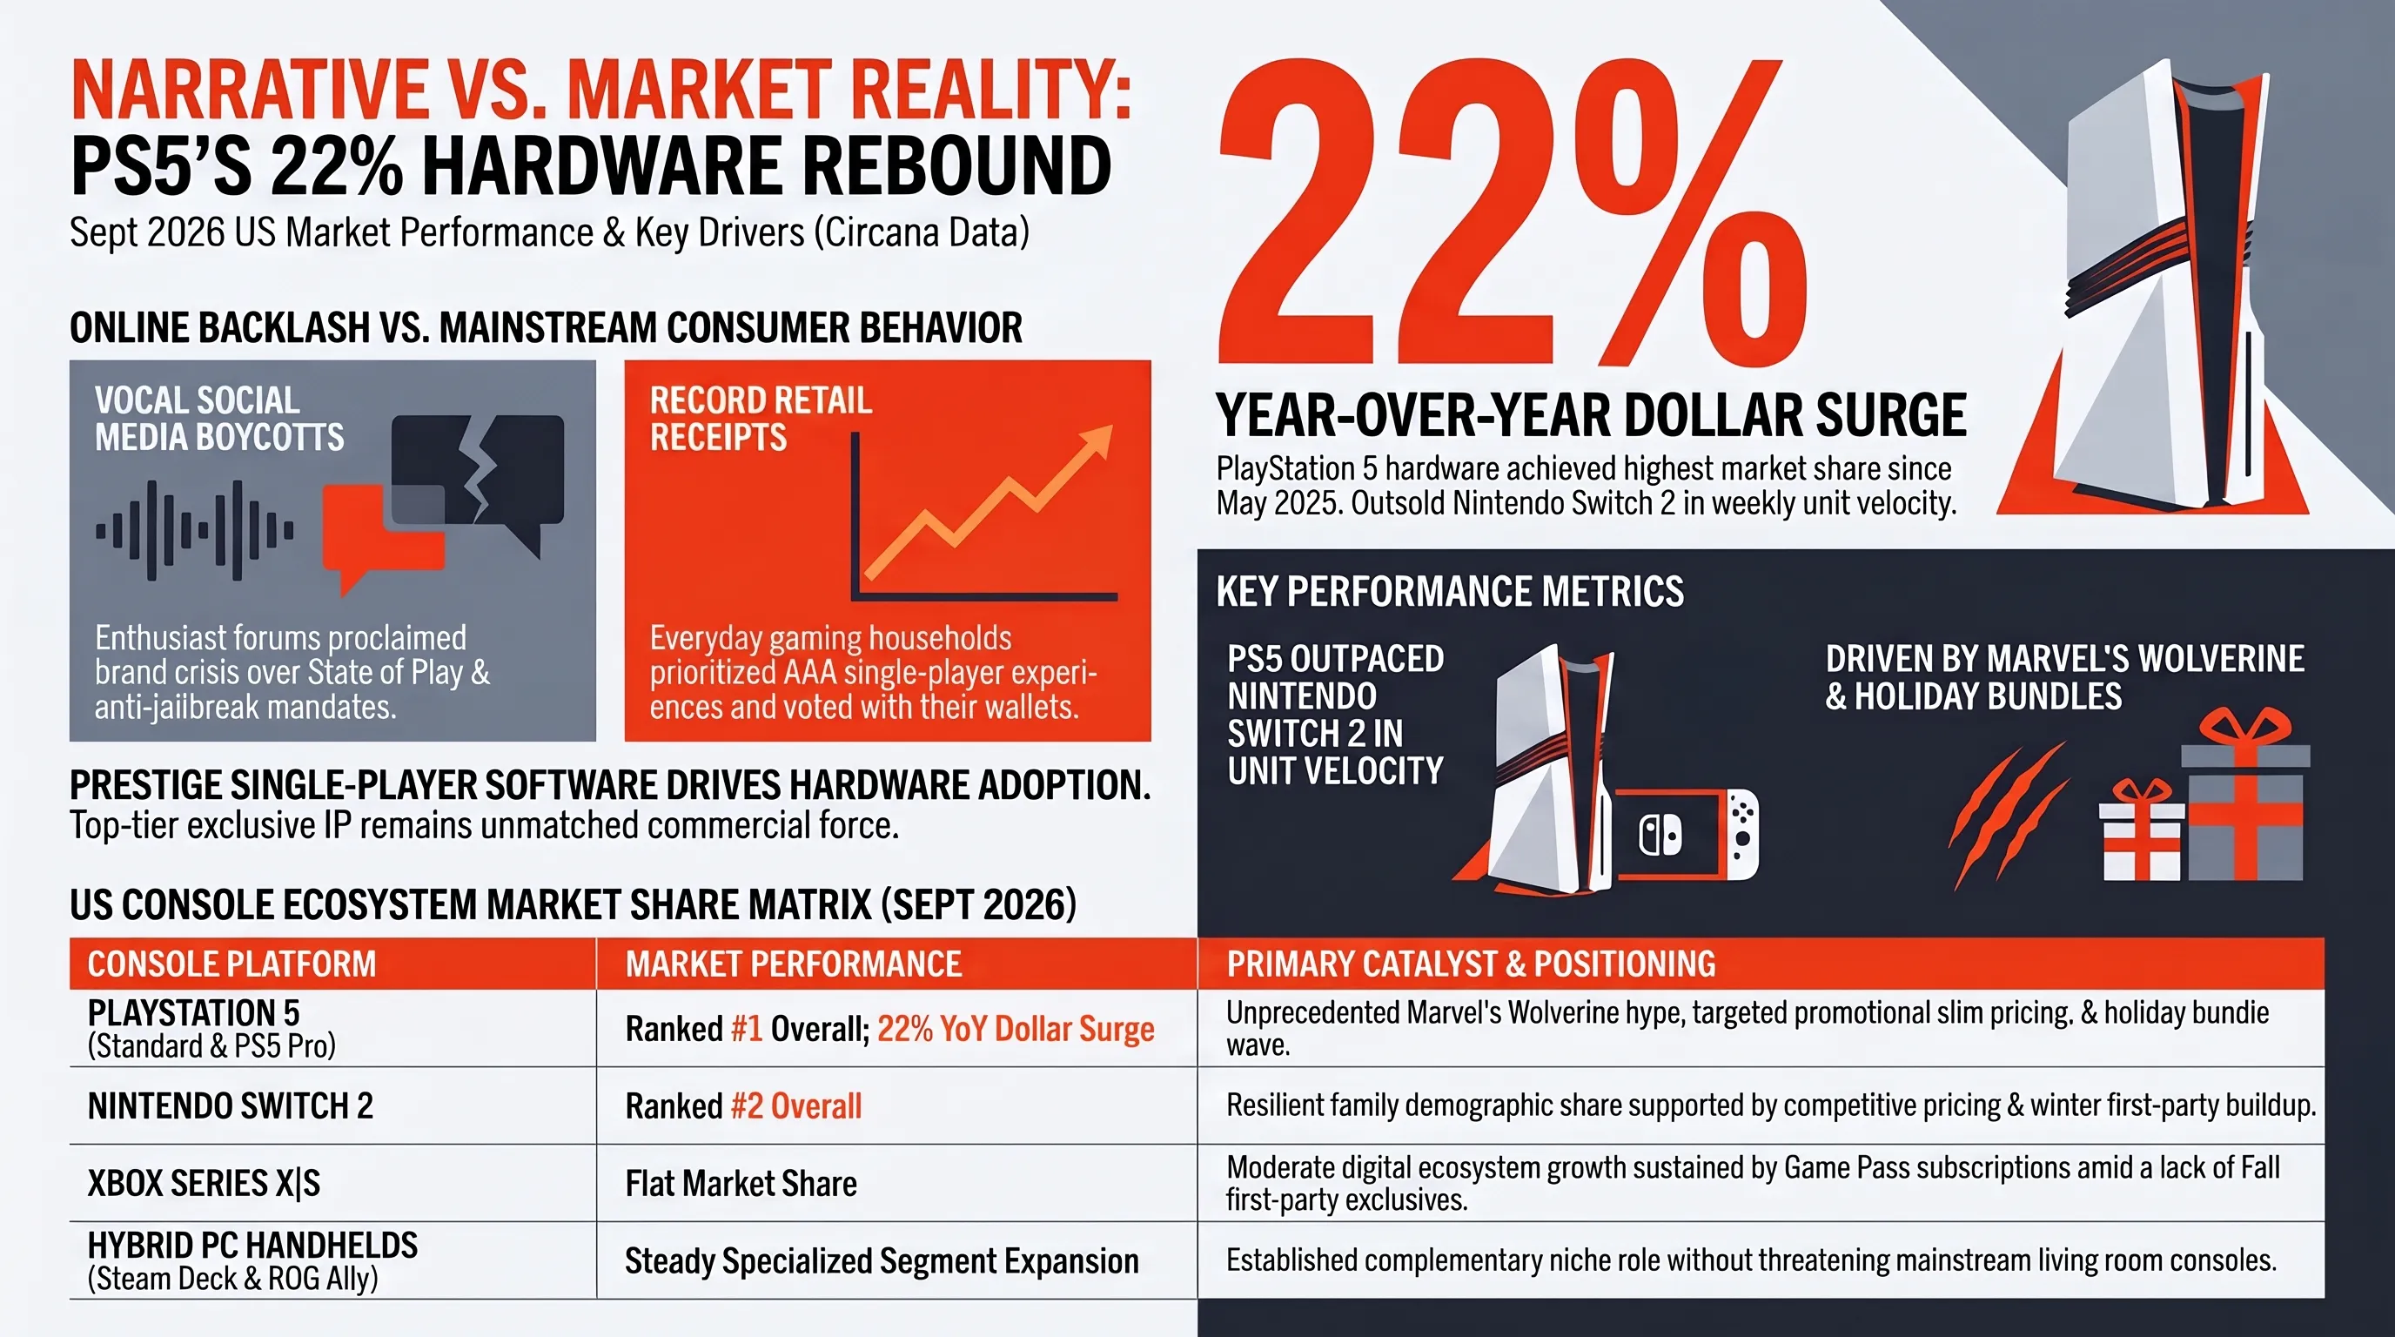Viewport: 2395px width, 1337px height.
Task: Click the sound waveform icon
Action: tap(194, 531)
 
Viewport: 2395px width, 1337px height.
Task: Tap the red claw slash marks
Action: tap(2009, 814)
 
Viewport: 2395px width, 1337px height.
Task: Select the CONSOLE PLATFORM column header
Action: tap(231, 964)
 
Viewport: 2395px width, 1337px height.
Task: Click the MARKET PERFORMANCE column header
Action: tap(793, 964)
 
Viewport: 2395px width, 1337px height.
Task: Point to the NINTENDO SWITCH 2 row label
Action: tap(230, 1106)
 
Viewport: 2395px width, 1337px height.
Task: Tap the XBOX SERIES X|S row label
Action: tap(204, 1184)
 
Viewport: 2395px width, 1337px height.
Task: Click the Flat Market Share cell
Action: tap(741, 1184)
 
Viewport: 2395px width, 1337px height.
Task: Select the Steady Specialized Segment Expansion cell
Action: tap(882, 1261)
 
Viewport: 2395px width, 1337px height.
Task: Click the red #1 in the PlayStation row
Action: tap(747, 1029)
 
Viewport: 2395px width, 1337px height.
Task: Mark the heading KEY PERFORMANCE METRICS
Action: tap(1450, 591)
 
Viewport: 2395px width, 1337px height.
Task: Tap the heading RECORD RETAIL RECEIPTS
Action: tap(761, 419)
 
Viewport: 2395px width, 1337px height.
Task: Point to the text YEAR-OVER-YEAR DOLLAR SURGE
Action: tap(1591, 415)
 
